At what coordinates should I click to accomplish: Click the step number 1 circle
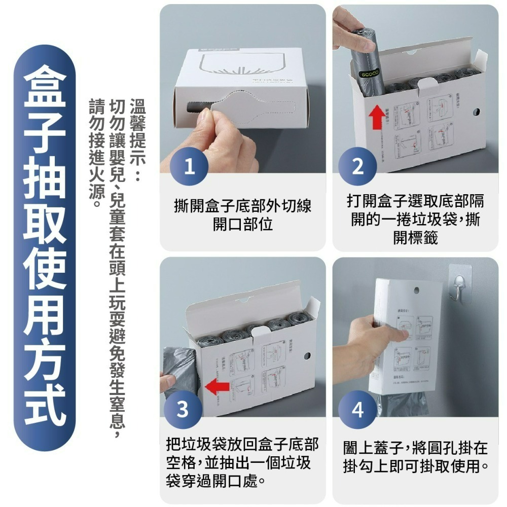(189, 167)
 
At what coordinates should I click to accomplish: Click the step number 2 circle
(358, 167)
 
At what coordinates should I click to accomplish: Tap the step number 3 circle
(184, 410)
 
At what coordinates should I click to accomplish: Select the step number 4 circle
(358, 410)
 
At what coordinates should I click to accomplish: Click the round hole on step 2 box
(476, 111)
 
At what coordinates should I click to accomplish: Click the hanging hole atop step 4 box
(416, 291)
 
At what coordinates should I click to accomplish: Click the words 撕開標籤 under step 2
(415, 237)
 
